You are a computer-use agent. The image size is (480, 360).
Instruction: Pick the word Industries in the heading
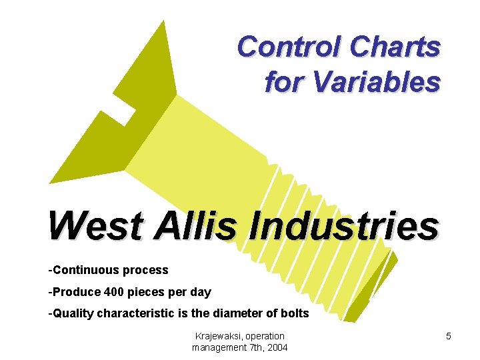343,227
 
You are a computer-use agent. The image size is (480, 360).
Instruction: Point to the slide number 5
449,337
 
